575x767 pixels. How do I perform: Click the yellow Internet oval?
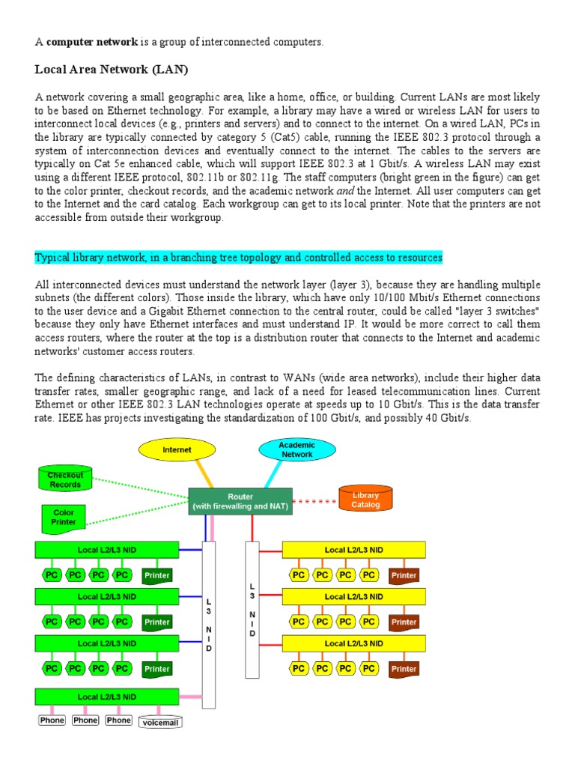177,450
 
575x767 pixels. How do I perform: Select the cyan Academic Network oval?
296,449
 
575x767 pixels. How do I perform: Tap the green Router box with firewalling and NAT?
240,502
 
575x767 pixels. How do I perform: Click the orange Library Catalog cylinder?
366,500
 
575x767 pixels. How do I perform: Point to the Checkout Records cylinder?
65,479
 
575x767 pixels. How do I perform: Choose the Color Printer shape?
64,518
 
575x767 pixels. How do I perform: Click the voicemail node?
160,721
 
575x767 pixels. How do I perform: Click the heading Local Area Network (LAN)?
112,70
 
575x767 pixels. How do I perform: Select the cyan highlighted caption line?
239,258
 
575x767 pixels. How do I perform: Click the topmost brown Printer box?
404,576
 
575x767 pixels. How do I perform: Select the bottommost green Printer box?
157,669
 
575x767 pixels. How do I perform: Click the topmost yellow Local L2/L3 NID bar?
353,550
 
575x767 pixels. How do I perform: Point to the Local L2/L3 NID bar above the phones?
107,697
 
